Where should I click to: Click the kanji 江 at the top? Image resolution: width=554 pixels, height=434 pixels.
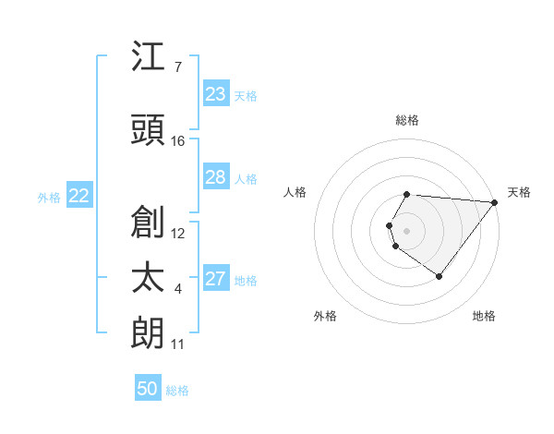pos(149,58)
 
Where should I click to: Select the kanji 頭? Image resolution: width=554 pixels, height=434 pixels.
pos(149,130)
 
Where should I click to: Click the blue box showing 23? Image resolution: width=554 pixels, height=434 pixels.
pos(216,94)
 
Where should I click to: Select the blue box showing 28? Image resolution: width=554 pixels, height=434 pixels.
pos(216,177)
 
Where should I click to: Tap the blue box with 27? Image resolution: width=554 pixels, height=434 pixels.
pos(216,279)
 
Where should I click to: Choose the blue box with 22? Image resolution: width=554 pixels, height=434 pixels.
pos(79,196)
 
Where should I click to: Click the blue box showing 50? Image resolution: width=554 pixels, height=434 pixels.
pos(148,389)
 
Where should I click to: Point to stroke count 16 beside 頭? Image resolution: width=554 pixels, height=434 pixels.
pos(178,141)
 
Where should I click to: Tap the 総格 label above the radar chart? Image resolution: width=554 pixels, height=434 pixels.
pos(407,120)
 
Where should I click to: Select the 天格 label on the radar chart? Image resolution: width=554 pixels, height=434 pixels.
pos(519,192)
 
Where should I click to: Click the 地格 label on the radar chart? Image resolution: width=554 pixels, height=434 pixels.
pos(484,316)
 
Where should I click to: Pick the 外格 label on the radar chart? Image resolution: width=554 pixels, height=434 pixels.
pos(325,316)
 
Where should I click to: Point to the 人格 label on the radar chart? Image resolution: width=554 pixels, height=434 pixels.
pos(295,192)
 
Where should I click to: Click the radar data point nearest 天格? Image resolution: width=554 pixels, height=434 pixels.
pos(495,202)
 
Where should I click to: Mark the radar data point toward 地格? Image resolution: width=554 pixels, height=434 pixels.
pos(439,276)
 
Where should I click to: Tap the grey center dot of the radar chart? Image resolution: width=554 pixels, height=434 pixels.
pos(407,230)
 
